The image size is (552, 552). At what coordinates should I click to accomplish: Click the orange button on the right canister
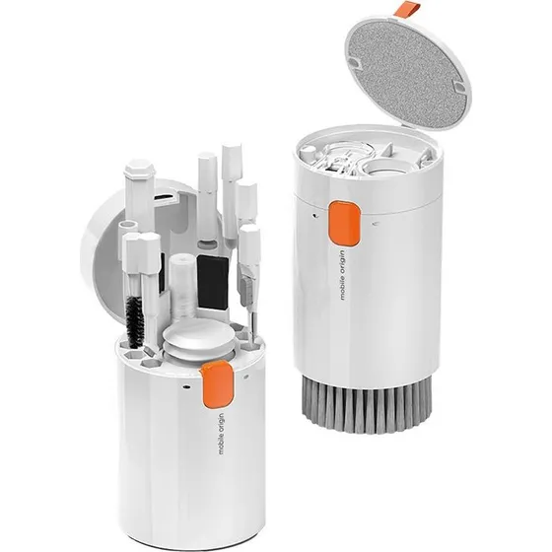click(345, 223)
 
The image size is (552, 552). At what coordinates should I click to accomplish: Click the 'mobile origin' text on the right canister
click(343, 275)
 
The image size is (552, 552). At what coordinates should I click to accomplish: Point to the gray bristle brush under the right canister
click(366, 401)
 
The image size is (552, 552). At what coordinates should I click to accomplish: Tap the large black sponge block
click(212, 281)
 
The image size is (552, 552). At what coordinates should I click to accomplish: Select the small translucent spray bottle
click(182, 287)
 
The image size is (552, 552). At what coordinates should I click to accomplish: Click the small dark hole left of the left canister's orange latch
click(186, 387)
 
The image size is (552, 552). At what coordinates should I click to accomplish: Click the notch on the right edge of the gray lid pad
click(459, 87)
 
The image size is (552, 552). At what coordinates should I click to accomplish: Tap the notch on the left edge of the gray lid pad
click(353, 63)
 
